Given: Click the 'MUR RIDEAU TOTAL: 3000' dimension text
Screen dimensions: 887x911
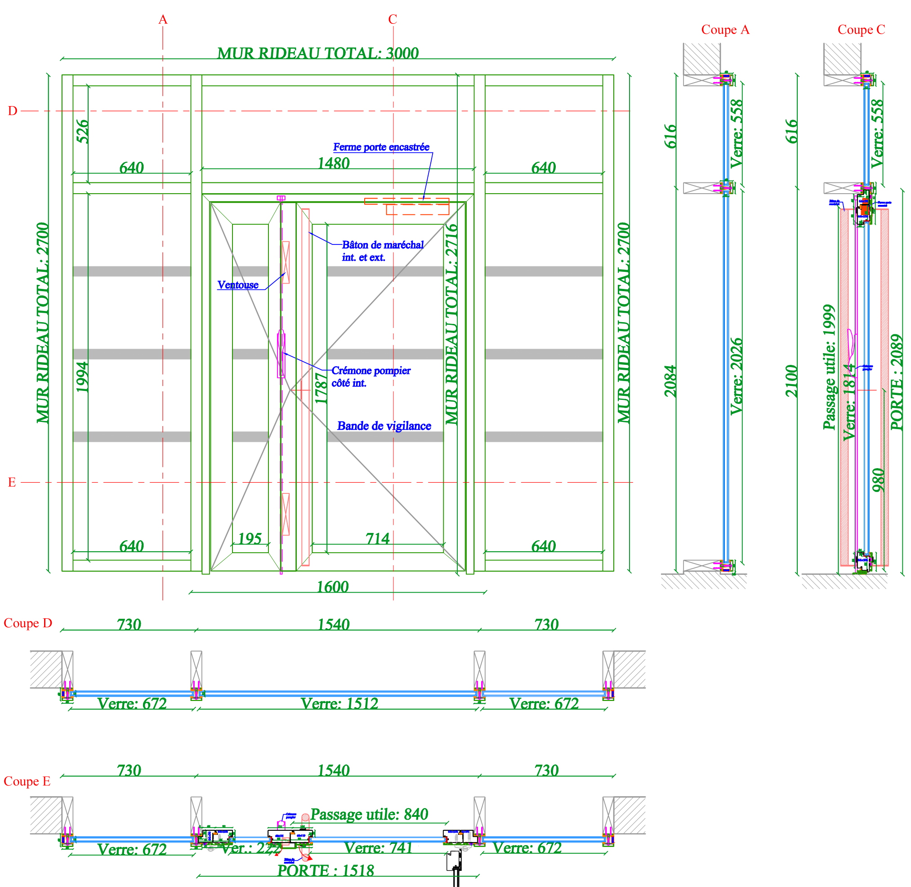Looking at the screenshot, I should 318,53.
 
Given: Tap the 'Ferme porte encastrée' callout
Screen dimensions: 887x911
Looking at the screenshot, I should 381,147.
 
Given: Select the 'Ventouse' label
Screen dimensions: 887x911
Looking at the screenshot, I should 238,284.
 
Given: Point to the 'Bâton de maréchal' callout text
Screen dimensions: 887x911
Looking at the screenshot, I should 382,245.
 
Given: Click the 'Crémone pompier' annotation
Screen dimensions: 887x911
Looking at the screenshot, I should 371,371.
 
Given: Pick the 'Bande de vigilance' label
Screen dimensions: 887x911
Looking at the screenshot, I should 384,426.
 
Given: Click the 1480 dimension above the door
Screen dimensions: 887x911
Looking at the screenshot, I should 333,164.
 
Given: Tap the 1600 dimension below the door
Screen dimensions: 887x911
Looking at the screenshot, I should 332,587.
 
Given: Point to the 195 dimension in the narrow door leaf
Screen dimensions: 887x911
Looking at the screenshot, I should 250,539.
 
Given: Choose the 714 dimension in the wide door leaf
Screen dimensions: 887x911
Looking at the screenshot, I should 377,539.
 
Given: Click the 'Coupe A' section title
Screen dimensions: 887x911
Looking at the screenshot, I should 725,30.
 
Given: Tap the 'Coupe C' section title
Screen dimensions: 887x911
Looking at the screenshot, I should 861,30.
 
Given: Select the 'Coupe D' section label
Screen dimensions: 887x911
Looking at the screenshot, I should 28,623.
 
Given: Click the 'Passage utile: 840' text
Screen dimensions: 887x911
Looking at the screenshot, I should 369,814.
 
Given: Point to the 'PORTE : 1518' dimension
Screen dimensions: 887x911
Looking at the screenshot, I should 326,871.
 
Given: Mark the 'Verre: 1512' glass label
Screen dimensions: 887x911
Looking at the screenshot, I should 339,704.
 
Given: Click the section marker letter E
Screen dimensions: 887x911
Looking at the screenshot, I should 12,483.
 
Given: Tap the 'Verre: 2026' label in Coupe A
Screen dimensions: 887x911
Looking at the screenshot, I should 736,377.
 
